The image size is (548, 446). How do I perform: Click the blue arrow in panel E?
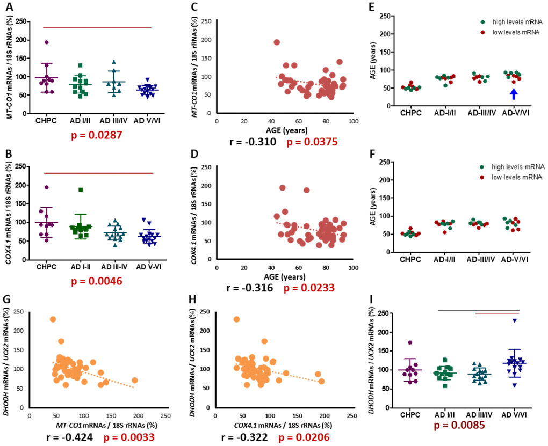click(x=514, y=94)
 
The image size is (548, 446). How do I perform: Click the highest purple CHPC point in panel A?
click(x=47, y=42)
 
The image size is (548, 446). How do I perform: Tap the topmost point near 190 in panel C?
click(x=277, y=42)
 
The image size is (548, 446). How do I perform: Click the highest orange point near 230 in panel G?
click(x=53, y=319)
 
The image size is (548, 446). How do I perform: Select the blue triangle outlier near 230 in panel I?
click(x=515, y=320)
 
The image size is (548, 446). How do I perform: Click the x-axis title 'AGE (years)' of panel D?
click(x=284, y=277)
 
